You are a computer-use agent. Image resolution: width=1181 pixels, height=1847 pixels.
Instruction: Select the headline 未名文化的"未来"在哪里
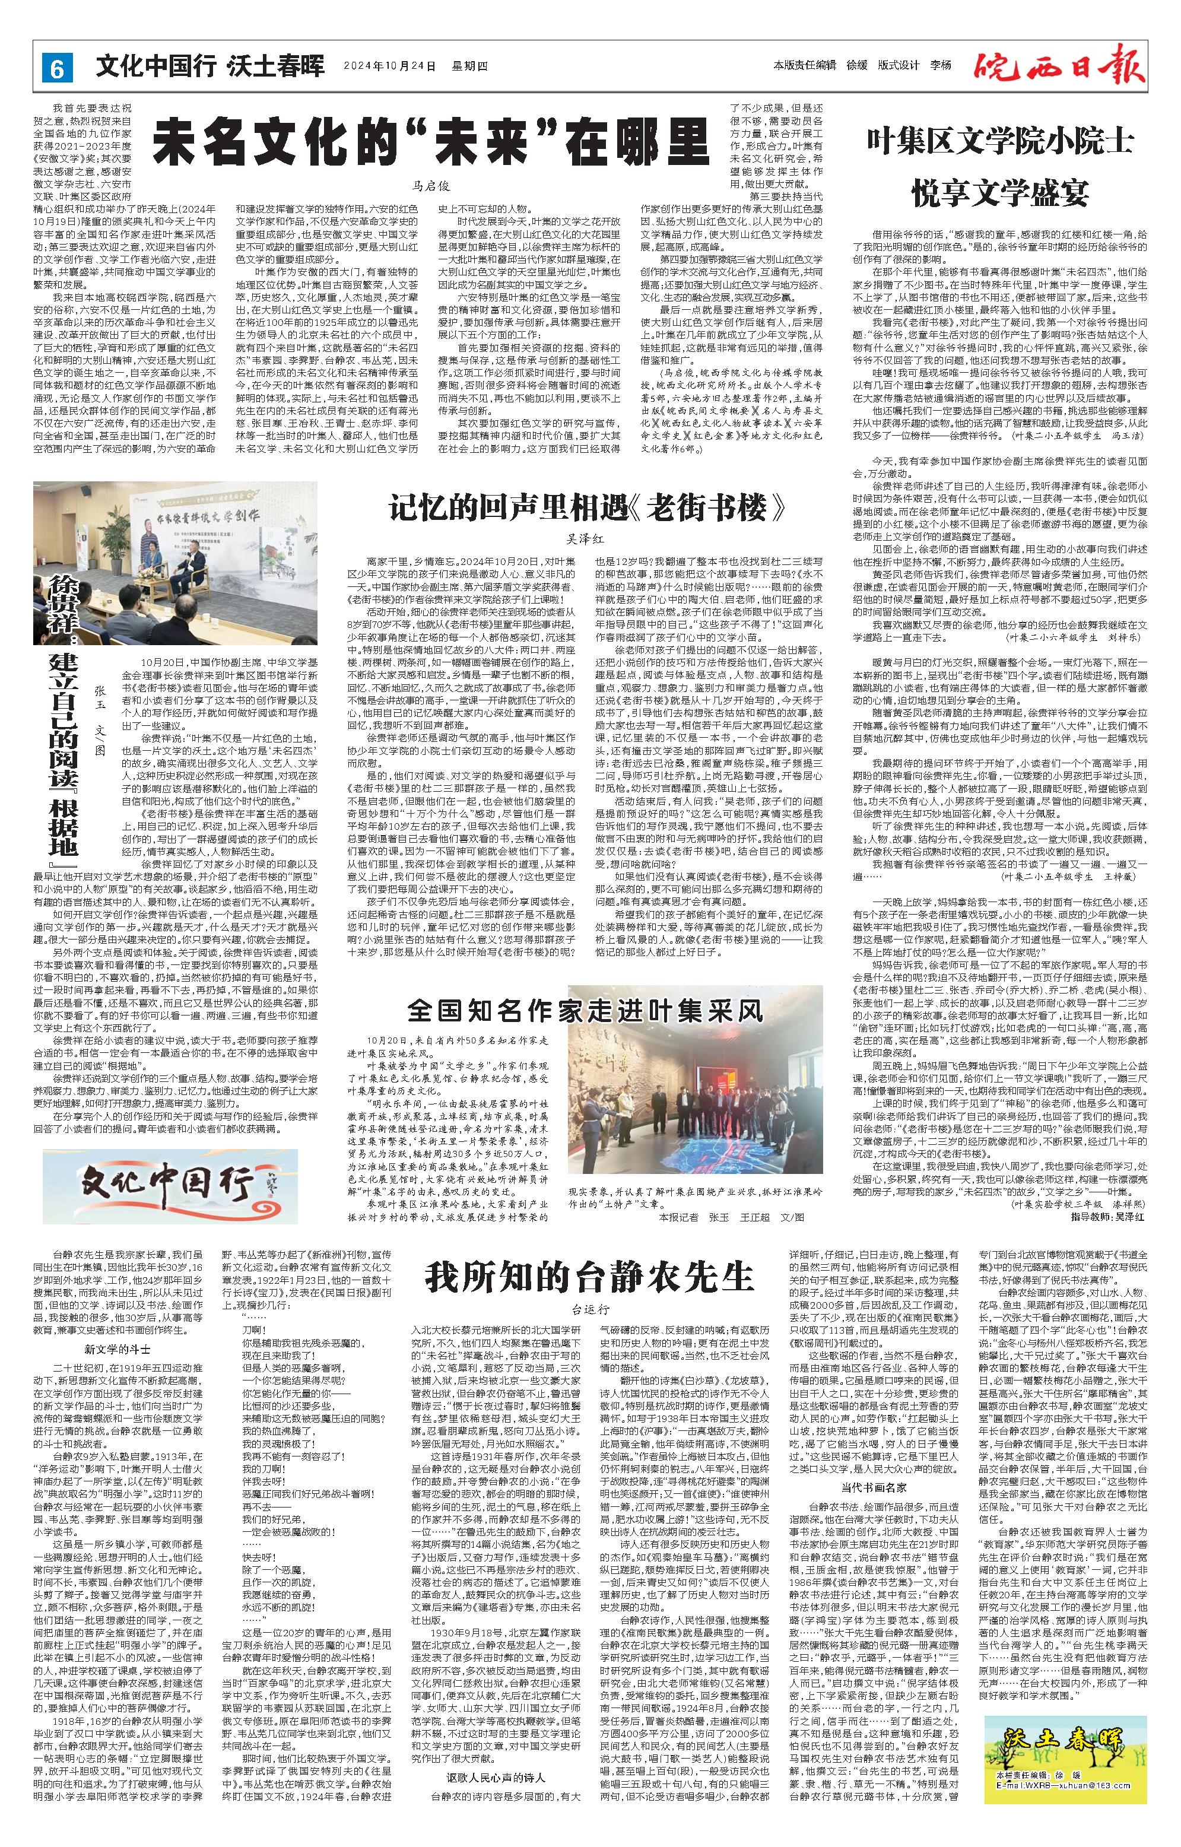coord(431,136)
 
